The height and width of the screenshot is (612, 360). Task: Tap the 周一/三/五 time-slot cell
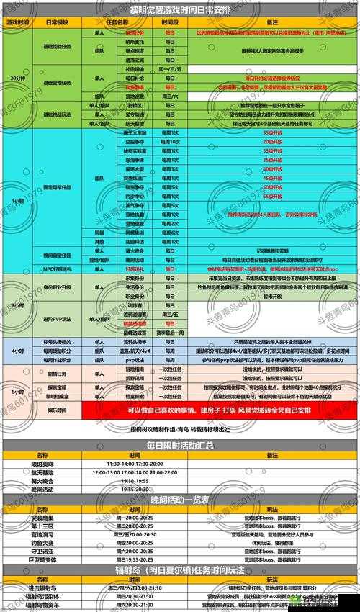click(x=168, y=69)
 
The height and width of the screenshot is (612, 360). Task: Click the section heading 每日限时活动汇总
click(x=180, y=445)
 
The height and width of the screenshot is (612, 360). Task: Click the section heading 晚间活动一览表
click(x=180, y=499)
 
